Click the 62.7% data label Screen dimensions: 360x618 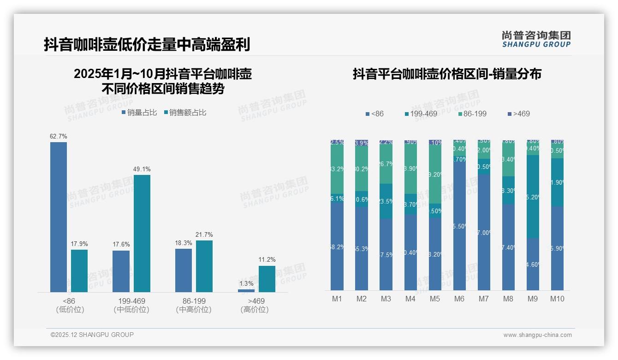(59, 137)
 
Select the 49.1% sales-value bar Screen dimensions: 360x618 (142, 233)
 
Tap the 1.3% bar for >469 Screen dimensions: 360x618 (246, 291)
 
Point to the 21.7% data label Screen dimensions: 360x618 (204, 235)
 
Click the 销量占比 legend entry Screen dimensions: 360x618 (139, 112)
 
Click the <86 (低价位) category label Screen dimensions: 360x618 (70, 305)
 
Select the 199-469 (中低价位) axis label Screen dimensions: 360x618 (131, 305)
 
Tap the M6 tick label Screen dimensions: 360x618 (459, 299)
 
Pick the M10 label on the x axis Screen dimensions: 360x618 (557, 299)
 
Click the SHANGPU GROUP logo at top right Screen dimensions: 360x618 (536, 39)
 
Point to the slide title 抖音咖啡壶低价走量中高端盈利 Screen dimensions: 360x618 (147, 44)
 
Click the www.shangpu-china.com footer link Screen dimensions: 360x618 (537, 335)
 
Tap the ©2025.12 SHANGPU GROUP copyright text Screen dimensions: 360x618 (92, 335)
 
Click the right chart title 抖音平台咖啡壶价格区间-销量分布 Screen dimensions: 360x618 (447, 74)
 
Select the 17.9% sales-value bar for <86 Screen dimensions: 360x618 (79, 271)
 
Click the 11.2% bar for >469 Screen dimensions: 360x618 (267, 279)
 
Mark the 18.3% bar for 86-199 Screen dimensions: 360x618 (184, 270)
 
